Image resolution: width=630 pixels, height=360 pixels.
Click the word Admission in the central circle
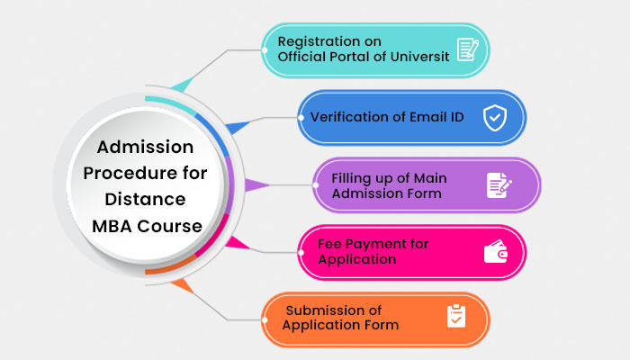coord(145,147)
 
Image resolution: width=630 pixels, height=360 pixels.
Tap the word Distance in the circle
coord(145,199)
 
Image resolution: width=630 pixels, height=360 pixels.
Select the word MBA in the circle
coord(112,226)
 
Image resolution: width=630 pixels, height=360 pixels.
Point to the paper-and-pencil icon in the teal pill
coord(468,49)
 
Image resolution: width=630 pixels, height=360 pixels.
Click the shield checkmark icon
coord(495,118)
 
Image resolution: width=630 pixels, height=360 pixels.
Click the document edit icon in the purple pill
coord(499,185)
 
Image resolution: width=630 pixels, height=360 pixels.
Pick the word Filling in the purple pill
coord(350,178)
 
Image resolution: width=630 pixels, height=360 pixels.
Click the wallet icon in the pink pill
coord(496,251)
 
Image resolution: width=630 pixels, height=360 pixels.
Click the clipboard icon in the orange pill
coord(456,316)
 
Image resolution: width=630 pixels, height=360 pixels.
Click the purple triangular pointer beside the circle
coord(256,185)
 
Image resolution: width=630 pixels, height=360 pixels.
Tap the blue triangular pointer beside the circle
coord(238,127)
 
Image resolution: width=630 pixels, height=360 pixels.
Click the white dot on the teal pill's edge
coord(265,50)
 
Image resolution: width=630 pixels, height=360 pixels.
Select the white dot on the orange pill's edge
coord(265,319)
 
